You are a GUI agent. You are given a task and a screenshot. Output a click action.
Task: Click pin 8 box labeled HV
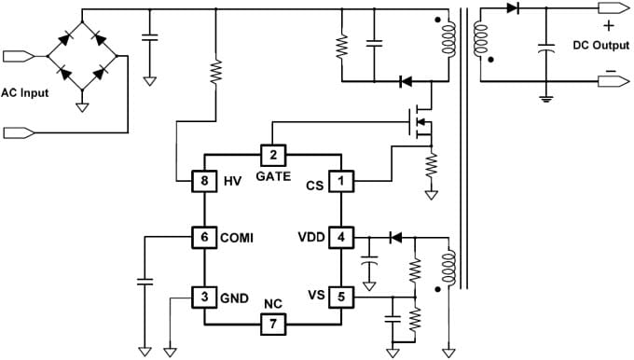click(204, 181)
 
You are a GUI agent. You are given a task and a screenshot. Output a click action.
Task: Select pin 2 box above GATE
click(272, 155)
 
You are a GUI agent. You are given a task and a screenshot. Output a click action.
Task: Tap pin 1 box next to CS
click(341, 181)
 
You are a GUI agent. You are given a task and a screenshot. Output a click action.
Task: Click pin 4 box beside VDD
click(341, 236)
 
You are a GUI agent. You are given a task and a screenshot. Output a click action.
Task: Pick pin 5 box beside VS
click(341, 296)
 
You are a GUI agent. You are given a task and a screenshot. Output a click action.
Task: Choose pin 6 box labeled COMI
click(204, 236)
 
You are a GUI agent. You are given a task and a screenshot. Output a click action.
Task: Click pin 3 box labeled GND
click(204, 297)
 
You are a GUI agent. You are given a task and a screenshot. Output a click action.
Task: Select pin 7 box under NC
click(272, 324)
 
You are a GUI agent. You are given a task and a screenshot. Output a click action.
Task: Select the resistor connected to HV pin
click(216, 72)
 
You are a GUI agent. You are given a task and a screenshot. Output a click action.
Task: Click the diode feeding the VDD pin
click(394, 237)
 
